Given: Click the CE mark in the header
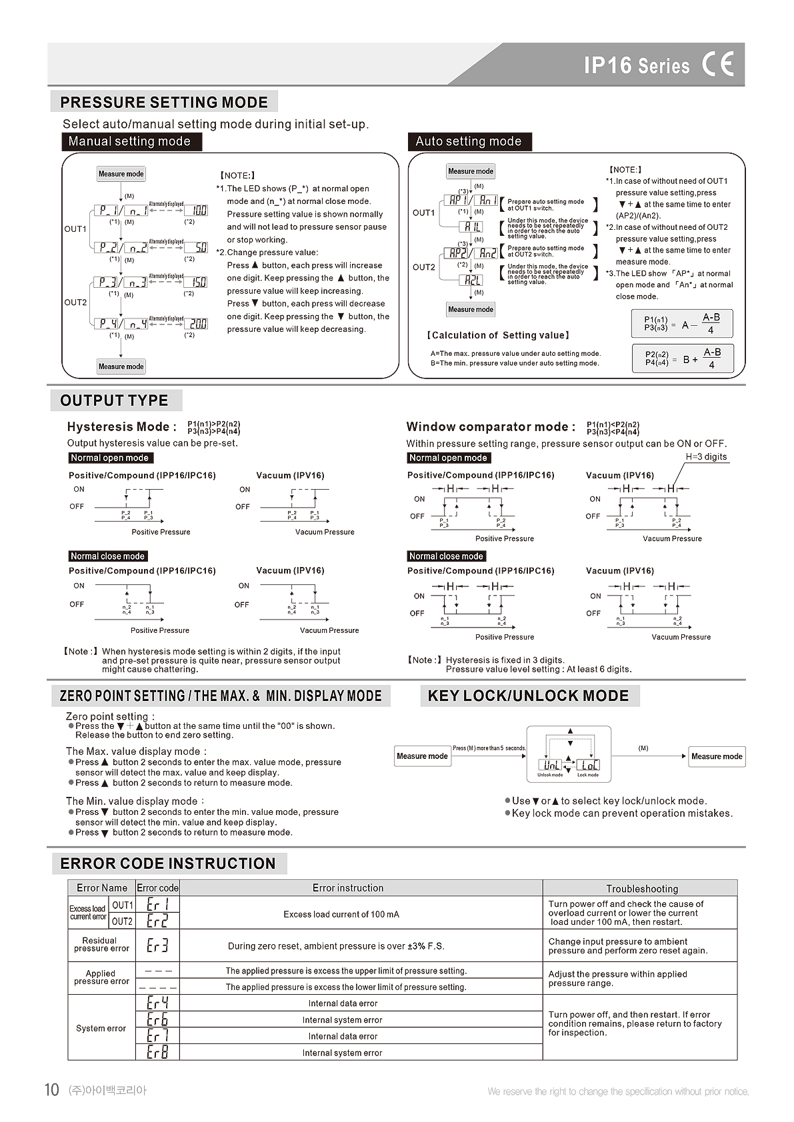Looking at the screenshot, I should [718, 65].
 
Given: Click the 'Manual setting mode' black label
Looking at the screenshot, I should [129, 141].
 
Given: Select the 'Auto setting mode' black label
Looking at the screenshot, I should [468, 141].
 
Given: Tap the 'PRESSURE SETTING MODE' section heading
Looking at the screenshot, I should [164, 103].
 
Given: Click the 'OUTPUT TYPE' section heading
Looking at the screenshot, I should [114, 400].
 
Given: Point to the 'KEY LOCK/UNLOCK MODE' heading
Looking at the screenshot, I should [528, 696].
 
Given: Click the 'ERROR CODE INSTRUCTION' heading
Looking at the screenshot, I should [168, 863].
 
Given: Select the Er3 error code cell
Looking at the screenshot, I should [157, 945].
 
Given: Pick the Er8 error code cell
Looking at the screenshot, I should [157, 1052].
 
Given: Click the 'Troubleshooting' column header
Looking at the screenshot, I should [641, 888].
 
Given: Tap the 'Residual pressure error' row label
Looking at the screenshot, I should [101, 945].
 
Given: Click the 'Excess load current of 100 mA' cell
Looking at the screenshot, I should [341, 914].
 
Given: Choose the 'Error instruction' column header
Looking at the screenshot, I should [348, 888].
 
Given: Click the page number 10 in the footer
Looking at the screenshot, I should [51, 1090].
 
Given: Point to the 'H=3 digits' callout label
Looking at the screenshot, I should [706, 457].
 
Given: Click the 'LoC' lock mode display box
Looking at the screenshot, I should [588, 765].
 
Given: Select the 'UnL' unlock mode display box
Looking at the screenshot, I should [551, 765].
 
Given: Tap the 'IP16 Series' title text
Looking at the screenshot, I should [637, 65].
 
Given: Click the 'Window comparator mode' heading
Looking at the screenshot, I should [491, 427].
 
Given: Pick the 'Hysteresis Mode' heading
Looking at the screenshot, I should [122, 427].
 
